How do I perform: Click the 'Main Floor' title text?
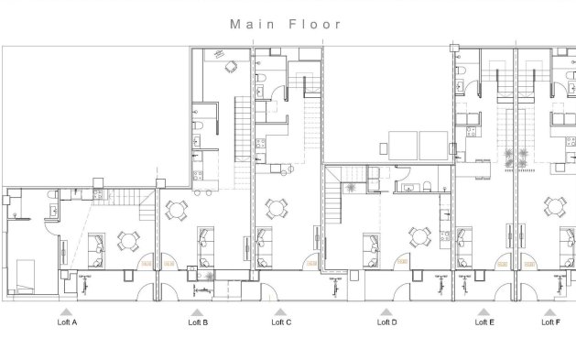pyautogui.click(x=287, y=25)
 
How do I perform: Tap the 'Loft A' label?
pyautogui.click(x=67, y=322)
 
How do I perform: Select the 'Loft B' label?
pyautogui.click(x=199, y=322)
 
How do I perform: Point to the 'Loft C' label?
pyautogui.click(x=282, y=322)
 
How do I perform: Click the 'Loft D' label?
pyautogui.click(x=386, y=322)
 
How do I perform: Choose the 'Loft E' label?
pyautogui.click(x=484, y=322)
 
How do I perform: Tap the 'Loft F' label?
pyautogui.click(x=549, y=322)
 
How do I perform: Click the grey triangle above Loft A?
pyautogui.click(x=68, y=311)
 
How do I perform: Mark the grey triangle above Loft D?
pyautogui.click(x=387, y=311)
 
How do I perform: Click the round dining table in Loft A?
pyautogui.click(x=125, y=241)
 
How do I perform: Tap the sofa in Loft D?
pyautogui.click(x=372, y=245)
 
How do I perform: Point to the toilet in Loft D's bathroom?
pyautogui.click(x=428, y=188)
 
